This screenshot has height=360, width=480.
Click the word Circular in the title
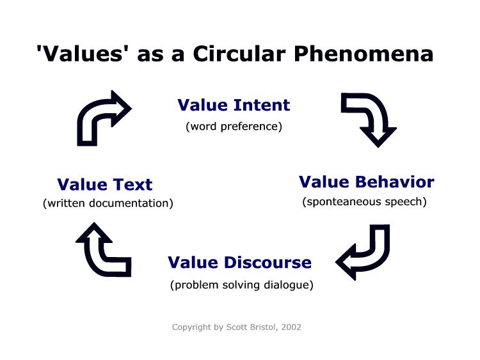coord(239,54)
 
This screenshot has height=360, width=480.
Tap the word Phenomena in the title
coord(364,54)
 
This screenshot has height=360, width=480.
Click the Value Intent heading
coord(234,105)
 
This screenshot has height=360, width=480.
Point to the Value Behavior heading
coord(367,182)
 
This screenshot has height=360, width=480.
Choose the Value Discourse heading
coord(240,262)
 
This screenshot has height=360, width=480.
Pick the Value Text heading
coord(105,184)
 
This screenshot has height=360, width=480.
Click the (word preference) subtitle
coord(234,127)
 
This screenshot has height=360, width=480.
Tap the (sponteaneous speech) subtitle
coord(364,202)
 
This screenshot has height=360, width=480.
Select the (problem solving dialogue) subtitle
coord(242,285)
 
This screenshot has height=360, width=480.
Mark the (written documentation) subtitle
coord(108,203)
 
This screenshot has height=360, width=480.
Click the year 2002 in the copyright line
coord(291,327)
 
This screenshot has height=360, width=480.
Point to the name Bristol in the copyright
coord(263,327)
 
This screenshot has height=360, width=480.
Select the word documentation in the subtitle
coord(129,203)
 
